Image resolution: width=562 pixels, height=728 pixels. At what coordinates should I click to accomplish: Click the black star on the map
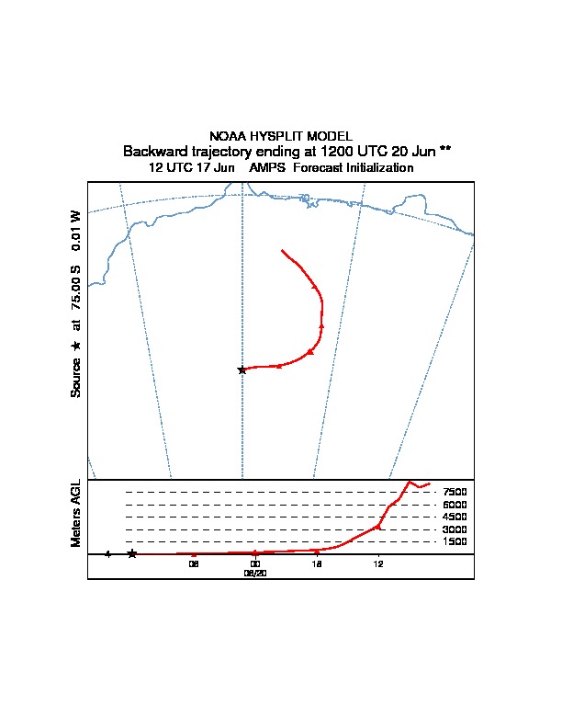(x=242, y=370)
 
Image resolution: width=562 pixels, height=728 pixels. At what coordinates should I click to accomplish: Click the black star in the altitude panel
(x=132, y=553)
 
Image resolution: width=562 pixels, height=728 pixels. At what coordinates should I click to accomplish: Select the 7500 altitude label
(x=455, y=493)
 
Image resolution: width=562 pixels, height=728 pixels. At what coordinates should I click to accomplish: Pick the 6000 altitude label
(x=455, y=505)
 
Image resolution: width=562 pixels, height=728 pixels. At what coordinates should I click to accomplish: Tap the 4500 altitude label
(x=455, y=518)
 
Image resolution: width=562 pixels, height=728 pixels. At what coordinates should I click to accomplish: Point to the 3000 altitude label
(x=455, y=529)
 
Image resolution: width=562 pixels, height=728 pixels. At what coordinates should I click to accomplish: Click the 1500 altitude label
(x=455, y=542)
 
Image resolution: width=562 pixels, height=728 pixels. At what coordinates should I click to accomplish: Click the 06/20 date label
(x=255, y=572)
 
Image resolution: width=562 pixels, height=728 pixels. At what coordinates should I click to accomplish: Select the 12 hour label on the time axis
(x=378, y=563)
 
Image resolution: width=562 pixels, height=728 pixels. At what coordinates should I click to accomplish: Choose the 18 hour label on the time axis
(x=317, y=563)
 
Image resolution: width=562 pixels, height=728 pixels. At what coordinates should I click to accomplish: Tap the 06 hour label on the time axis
(x=194, y=563)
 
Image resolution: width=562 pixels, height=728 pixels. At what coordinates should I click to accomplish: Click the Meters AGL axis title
(x=77, y=514)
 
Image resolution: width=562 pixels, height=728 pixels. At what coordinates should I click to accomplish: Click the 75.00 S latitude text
(x=77, y=288)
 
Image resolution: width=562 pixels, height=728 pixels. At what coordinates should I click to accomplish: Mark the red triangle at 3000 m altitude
(x=378, y=528)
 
